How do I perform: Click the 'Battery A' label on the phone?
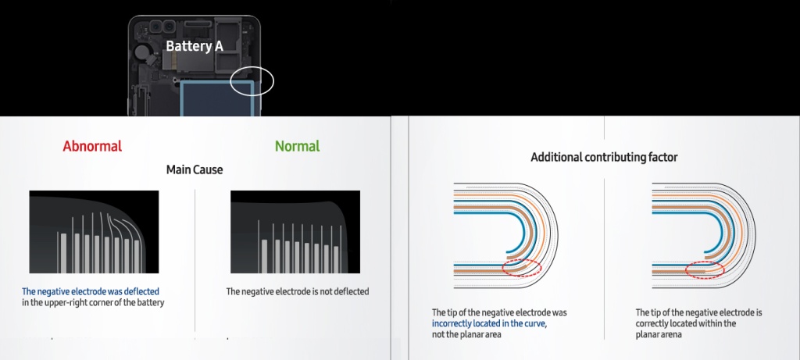[x=195, y=46]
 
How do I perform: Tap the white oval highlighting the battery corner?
[x=230, y=81]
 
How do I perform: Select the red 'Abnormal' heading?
[x=92, y=146]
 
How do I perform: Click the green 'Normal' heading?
[x=298, y=146]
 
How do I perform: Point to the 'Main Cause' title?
[x=195, y=169]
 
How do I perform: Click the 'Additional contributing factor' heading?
[x=604, y=157]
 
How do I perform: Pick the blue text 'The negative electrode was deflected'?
[x=91, y=292]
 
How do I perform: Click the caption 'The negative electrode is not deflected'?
[x=298, y=292]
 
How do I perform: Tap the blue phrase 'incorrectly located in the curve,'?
[x=489, y=323]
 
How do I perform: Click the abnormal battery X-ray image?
[x=94, y=232]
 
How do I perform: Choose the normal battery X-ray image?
[x=295, y=232]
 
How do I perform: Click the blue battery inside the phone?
[x=217, y=98]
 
